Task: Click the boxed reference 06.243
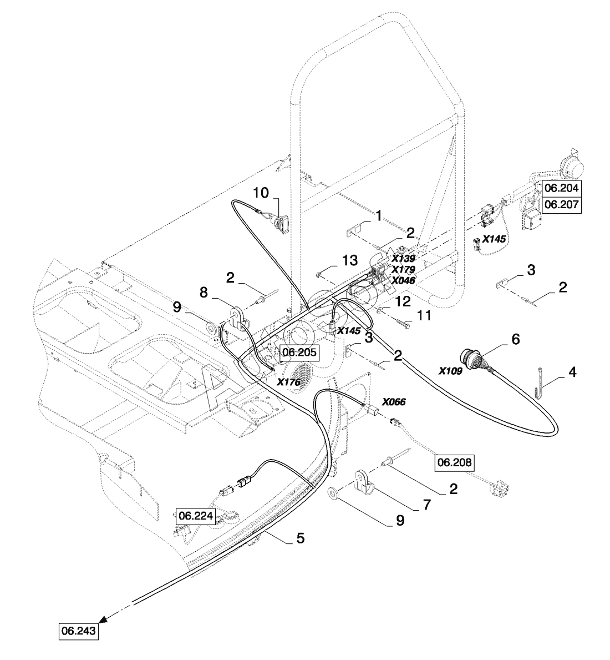tap(79, 631)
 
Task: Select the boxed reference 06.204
tap(562, 188)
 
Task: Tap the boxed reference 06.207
tap(562, 205)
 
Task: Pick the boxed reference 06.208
tap(455, 462)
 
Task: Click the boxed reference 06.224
tap(196, 516)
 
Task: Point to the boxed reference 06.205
tap(299, 352)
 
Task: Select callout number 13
tap(350, 260)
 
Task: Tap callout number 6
tap(515, 339)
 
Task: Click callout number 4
tap(572, 372)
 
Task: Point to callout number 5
tap(300, 538)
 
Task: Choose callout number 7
tap(427, 504)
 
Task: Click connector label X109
tap(450, 371)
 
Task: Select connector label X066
tap(394, 402)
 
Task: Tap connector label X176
tap(289, 382)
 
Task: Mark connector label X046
tap(403, 280)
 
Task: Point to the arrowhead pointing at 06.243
tap(103, 618)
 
